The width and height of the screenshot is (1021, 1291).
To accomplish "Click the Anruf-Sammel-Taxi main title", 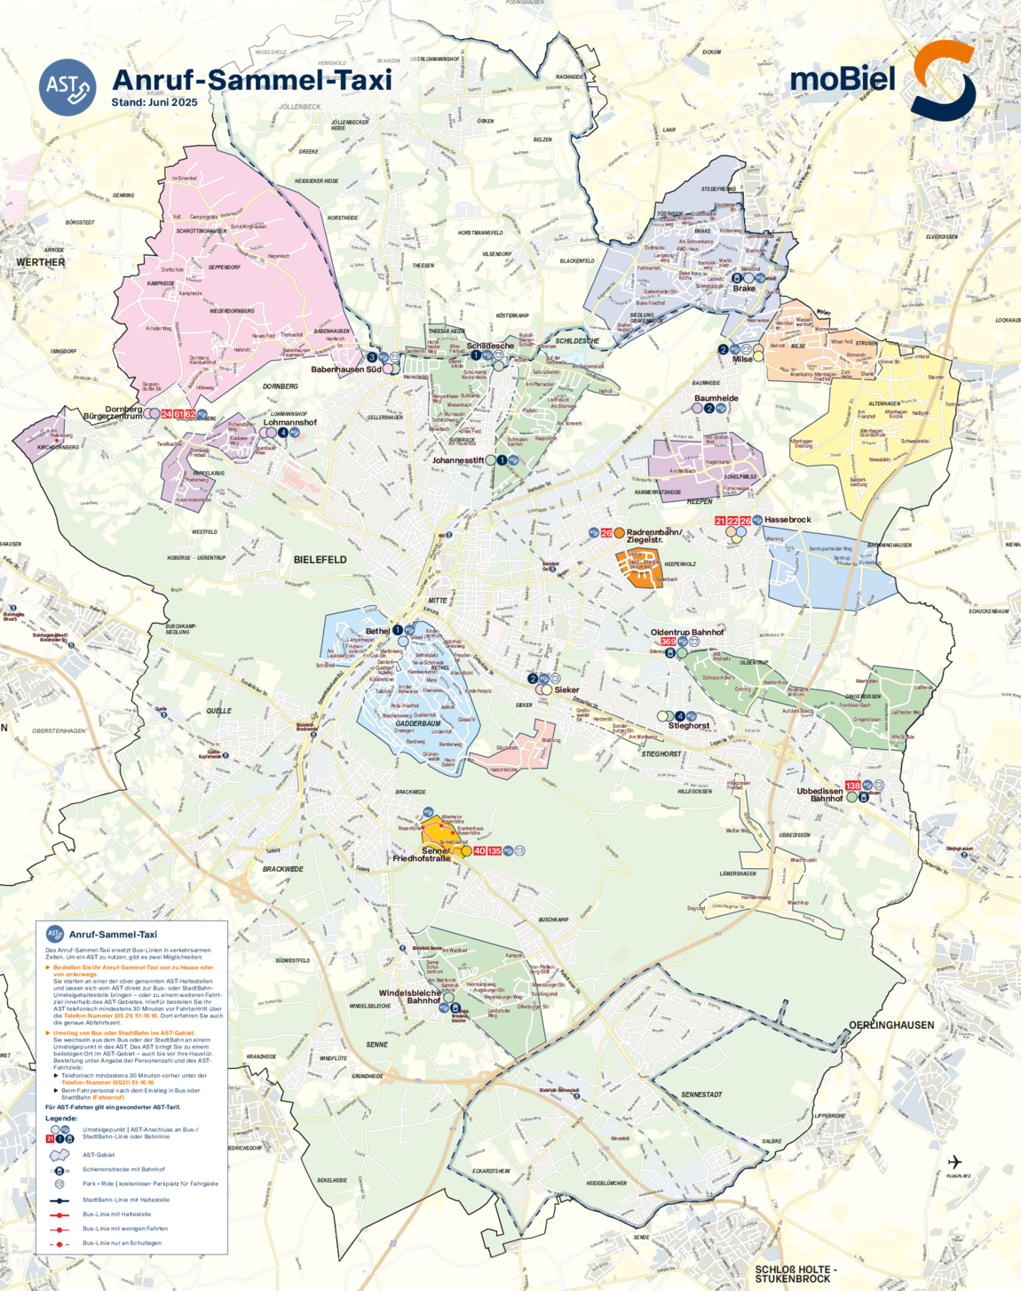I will [252, 80].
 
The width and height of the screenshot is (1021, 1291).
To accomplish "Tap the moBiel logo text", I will [843, 79].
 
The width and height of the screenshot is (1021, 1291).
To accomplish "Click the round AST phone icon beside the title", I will [67, 87].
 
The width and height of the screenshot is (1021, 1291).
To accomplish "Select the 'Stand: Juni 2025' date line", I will [154, 102].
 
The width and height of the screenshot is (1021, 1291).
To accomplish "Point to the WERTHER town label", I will [41, 262].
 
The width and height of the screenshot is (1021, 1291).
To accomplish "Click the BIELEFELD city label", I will [320, 560].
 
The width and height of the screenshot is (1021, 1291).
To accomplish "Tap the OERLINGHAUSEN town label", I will [891, 1024].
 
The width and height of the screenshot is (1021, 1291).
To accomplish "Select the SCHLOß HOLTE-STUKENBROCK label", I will [793, 1274].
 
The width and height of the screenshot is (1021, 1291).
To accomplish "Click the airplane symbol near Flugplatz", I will [954, 1162].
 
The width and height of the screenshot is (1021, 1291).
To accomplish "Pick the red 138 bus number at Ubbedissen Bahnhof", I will [852, 785].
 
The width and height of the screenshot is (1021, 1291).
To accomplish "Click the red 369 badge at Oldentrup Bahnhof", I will [669, 642].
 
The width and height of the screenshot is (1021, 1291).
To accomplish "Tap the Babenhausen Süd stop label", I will [346, 369].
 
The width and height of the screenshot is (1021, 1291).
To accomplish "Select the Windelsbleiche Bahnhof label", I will [410, 996].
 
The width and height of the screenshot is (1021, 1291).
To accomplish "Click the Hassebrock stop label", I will [788, 520].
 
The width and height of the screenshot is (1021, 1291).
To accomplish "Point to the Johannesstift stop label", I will [458, 460].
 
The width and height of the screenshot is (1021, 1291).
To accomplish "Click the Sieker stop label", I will [566, 689].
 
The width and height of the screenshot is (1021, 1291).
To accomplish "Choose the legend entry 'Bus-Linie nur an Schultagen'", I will [122, 1243].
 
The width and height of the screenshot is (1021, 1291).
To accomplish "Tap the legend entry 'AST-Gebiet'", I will [99, 1155].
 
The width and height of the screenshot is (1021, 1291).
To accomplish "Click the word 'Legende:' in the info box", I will [61, 1118].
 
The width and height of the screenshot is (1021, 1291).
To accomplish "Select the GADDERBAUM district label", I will [418, 723].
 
